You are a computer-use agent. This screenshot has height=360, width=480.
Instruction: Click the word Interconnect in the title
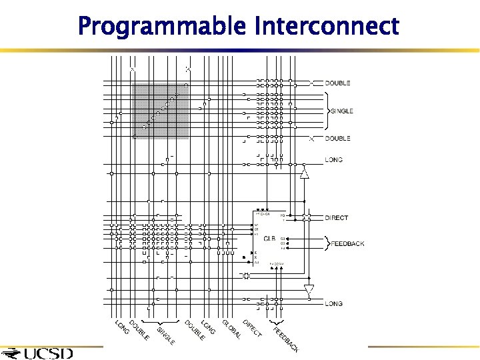pos(327,27)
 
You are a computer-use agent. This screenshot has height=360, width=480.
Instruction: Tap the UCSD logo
pos(40,353)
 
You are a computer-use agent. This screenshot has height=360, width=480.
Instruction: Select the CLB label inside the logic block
pos(269,238)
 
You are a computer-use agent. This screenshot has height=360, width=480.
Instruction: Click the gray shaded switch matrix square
pos(160,111)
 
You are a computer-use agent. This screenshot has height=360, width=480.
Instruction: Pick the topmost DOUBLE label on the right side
pos(337,83)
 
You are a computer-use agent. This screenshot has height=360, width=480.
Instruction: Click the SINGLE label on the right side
pos(342,111)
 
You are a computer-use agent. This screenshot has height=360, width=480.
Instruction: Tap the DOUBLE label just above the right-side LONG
pos(337,139)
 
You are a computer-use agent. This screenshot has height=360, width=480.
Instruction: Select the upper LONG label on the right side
pos(334,160)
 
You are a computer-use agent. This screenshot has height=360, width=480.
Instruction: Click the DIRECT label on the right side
pos(336,218)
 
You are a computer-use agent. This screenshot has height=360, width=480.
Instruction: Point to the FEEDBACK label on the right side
pos(347,244)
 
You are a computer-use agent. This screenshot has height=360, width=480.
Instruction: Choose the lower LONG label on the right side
pos(334,304)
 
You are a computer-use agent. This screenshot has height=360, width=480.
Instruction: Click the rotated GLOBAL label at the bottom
pos(231,329)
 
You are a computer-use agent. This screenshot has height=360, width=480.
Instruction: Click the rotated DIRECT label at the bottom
pos(252,328)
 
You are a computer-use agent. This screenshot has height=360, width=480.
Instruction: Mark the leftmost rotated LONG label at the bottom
pos(122,327)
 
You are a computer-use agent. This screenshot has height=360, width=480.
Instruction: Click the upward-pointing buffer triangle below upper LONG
pos(305,173)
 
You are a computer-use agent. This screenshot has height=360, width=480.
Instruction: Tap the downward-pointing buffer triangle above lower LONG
pos(308,289)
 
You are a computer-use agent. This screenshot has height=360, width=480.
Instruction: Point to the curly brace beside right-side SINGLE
pos(327,111)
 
